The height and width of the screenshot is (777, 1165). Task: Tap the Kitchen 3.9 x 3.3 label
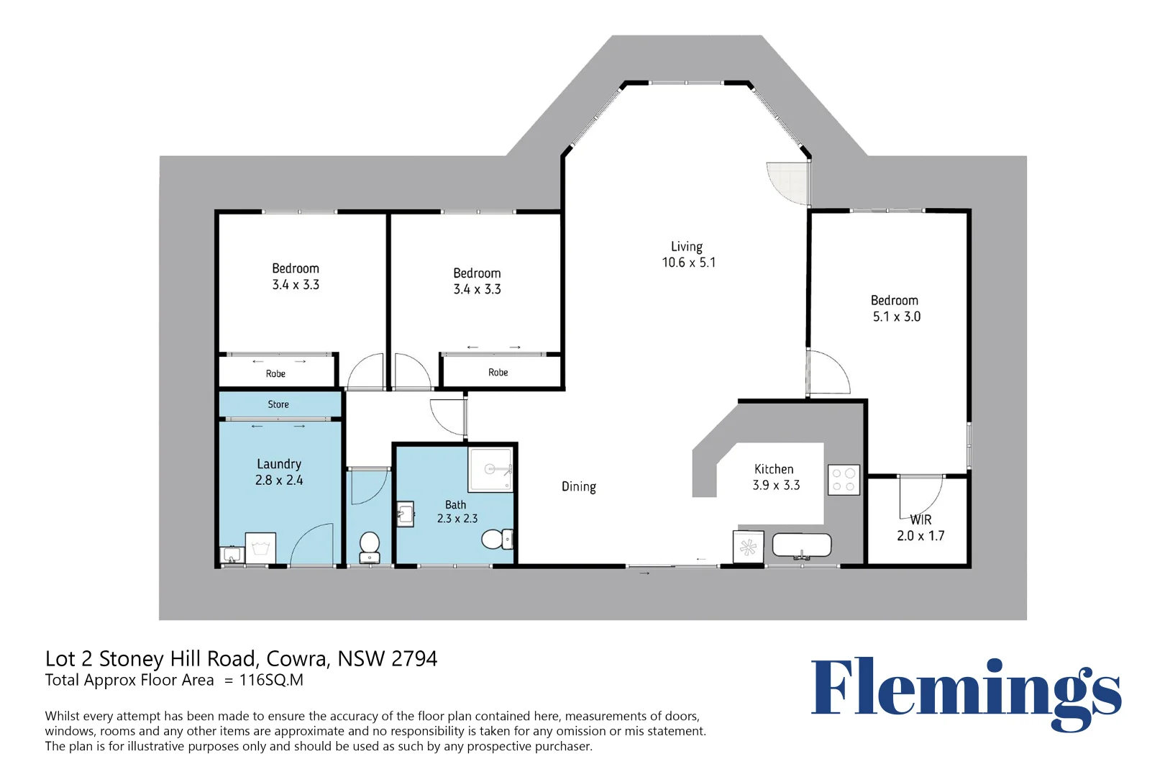pyautogui.click(x=775, y=477)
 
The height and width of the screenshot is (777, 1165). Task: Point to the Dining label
pyautogui.click(x=578, y=486)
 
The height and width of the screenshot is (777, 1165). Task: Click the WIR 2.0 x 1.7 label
pyautogui.click(x=920, y=528)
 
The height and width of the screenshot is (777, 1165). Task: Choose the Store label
pyautogui.click(x=278, y=404)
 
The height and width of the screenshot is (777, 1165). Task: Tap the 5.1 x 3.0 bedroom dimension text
pyautogui.click(x=896, y=317)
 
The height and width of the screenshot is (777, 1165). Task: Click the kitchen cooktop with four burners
pyautogui.click(x=844, y=480)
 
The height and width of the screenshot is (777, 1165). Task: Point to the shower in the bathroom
pyautogui.click(x=490, y=469)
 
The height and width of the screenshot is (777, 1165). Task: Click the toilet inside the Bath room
pyautogui.click(x=497, y=539)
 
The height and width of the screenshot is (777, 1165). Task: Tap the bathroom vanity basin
pyautogui.click(x=405, y=514)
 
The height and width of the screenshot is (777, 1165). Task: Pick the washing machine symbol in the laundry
pyautogui.click(x=260, y=547)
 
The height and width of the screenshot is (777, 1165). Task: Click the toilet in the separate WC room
pyautogui.click(x=370, y=547)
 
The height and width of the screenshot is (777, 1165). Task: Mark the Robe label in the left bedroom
pyautogui.click(x=275, y=373)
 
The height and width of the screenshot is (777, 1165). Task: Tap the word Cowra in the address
pyautogui.click(x=298, y=659)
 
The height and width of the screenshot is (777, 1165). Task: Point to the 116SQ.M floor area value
pyautogui.click(x=271, y=680)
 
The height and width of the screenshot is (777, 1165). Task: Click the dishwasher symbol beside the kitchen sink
pyautogui.click(x=748, y=547)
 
